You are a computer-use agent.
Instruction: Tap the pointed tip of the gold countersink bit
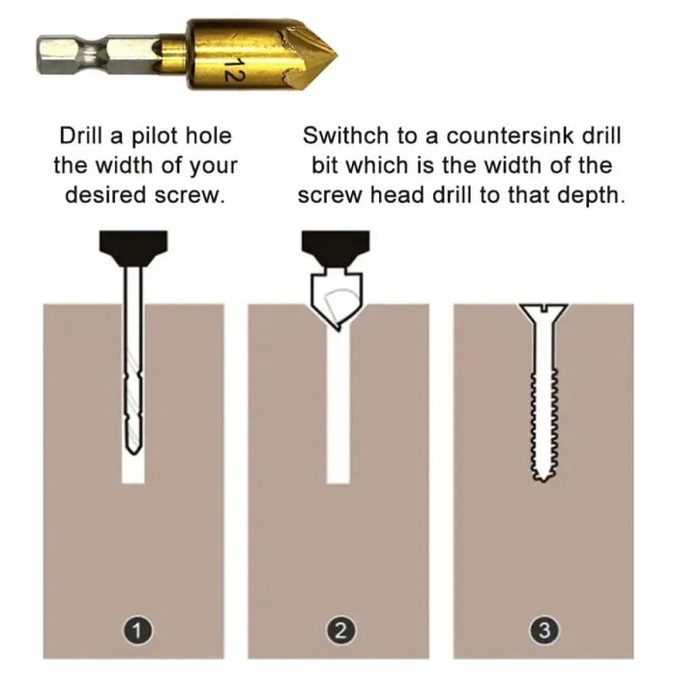pos(337,55)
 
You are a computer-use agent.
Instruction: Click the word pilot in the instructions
pos(154,137)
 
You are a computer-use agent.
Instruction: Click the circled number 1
pos(136,631)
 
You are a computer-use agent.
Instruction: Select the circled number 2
pos(340,631)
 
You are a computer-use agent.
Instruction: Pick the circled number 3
pos(545,631)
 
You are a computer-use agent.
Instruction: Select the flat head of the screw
pos(544,311)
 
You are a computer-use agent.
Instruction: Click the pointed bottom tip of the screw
pos(544,480)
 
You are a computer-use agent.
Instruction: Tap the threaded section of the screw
pos(544,424)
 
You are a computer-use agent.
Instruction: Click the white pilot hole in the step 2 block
pos(338,406)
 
